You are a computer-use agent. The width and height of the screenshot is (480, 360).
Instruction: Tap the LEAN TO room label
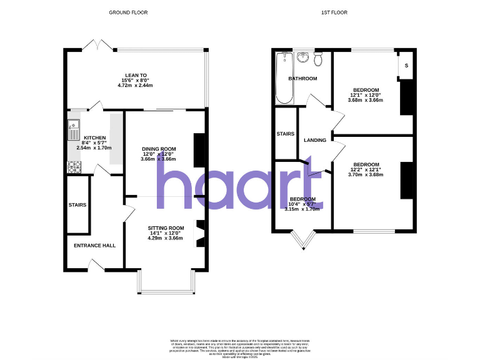pyautogui.click(x=136, y=75)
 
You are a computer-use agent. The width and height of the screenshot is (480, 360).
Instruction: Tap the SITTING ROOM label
pyautogui.click(x=166, y=228)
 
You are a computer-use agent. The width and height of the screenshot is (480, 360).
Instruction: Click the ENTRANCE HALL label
pyautogui.click(x=94, y=246)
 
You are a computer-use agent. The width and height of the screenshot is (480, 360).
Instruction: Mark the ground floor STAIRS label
pyautogui.click(x=77, y=205)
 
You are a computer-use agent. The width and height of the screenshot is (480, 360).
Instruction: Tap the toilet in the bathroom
pyautogui.click(x=319, y=59)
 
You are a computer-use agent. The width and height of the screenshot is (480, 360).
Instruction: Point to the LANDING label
pyautogui.click(x=314, y=140)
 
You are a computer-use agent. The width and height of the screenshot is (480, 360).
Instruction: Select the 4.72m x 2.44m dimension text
pyautogui.click(x=136, y=85)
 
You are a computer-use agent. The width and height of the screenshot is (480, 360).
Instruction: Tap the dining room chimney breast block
pyautogui.click(x=199, y=150)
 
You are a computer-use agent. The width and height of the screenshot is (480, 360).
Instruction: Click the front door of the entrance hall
pyautogui.click(x=96, y=265)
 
